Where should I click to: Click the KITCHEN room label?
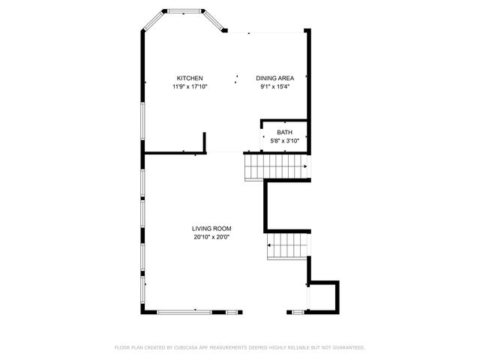190,79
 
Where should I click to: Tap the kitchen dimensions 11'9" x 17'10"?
190,87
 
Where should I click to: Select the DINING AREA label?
274,79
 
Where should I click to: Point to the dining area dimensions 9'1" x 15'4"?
274,87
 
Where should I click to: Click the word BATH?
285,133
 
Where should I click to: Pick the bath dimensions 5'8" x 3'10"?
285,141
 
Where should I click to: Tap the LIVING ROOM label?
211,229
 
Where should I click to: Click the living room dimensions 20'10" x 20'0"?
211,237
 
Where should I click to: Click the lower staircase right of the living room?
288,245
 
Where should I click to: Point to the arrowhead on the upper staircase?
305,166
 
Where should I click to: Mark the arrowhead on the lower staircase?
269,245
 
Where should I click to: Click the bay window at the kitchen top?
184,11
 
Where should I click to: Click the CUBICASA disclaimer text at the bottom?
239,347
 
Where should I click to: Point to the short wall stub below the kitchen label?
204,143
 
